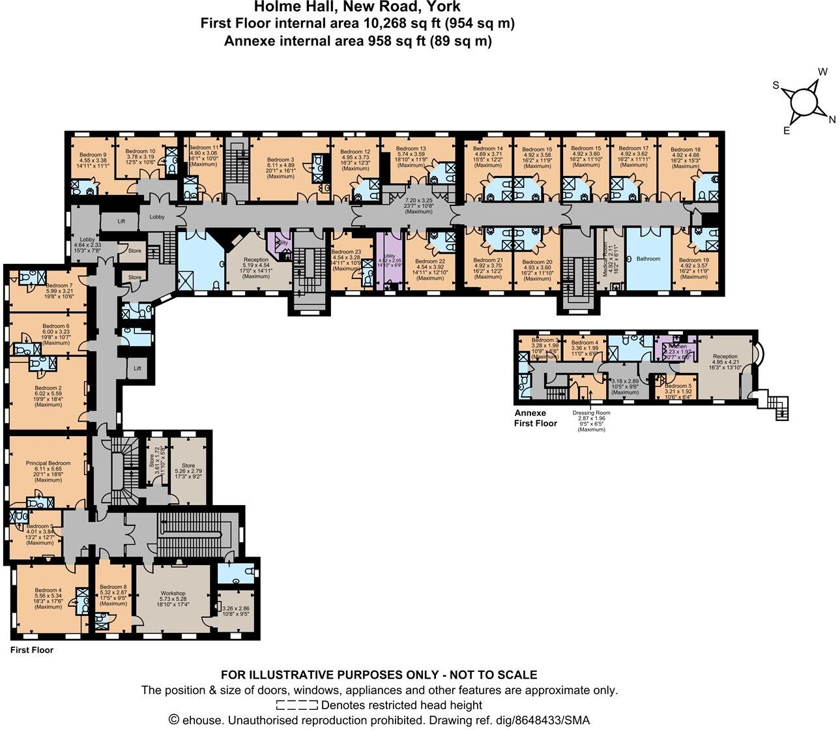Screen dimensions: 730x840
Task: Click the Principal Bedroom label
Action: point(48,463)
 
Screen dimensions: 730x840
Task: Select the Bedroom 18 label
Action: point(686,149)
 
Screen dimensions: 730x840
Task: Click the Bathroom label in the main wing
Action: point(648,259)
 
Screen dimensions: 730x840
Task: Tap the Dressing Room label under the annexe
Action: point(591,413)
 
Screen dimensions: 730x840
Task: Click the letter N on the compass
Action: point(832,119)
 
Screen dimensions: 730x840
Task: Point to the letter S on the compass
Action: point(776,85)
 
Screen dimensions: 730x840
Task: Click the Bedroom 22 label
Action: point(429,261)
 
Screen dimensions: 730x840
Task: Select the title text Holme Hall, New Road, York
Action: point(357,8)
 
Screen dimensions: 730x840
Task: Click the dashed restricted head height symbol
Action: point(297,705)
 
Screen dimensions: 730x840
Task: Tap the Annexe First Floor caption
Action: point(536,418)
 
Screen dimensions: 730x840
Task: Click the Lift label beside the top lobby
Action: point(121,222)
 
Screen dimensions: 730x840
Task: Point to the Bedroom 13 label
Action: point(413,149)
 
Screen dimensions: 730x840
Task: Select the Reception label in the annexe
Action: point(725,357)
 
